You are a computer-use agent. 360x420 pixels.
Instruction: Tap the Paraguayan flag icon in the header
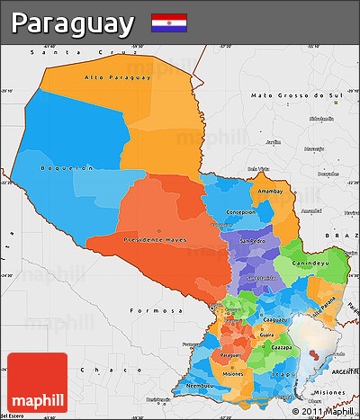coord(169,22)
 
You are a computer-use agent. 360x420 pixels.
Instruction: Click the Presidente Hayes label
coord(155,240)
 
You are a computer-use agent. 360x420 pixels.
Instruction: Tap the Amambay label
coord(271,192)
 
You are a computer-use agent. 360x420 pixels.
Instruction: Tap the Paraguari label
coord(230,354)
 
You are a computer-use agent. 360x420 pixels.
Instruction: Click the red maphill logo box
coord(37,382)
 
